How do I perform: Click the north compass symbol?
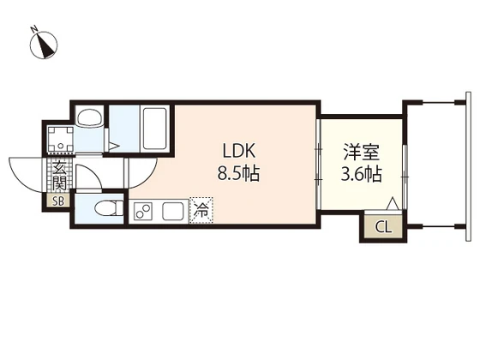tap(44, 44)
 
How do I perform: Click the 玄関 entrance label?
tap(59, 175)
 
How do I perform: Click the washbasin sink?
tap(87, 118)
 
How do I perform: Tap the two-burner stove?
tap(143, 210)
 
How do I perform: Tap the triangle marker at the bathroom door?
tap(115, 145)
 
